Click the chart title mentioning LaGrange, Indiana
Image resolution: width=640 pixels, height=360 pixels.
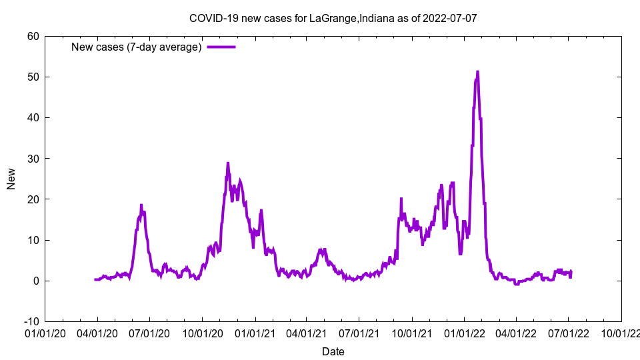[x=333, y=18]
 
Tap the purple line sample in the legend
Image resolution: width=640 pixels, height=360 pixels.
[x=221, y=47]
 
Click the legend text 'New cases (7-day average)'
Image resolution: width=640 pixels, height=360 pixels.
[x=137, y=47]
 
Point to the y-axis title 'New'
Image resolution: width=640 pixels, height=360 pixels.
[x=11, y=179]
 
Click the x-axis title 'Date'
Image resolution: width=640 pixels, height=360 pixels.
[x=333, y=351]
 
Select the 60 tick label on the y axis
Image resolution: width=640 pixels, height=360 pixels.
[x=33, y=36]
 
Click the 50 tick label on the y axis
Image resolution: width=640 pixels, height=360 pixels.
[x=33, y=77]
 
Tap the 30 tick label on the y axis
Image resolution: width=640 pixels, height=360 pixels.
[x=33, y=158]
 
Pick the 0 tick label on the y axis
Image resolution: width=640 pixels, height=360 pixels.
[x=35, y=281]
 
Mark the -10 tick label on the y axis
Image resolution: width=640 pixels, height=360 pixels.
[x=31, y=321]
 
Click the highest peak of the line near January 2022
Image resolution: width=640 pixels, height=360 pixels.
[x=477, y=71]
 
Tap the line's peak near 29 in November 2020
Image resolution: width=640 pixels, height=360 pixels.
[x=228, y=163]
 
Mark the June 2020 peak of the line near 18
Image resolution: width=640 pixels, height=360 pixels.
[x=141, y=205]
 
